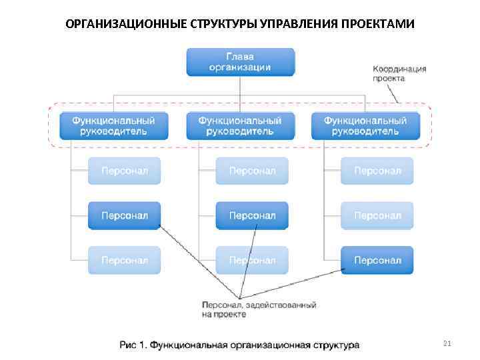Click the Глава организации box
[240, 61]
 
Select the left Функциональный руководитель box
[113, 125]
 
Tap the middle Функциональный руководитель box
[240, 125]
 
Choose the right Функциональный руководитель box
[365, 125]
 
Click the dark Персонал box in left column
[125, 215]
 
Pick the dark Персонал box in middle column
[252, 215]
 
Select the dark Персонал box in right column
[377, 260]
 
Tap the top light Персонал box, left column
[125, 171]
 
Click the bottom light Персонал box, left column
[125, 260]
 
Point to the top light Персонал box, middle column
[252, 171]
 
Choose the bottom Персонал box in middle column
[252, 260]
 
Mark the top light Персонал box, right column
[377, 171]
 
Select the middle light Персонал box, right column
[377, 215]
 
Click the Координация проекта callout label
[399, 73]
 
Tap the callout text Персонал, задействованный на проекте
[259, 309]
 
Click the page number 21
[447, 344]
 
